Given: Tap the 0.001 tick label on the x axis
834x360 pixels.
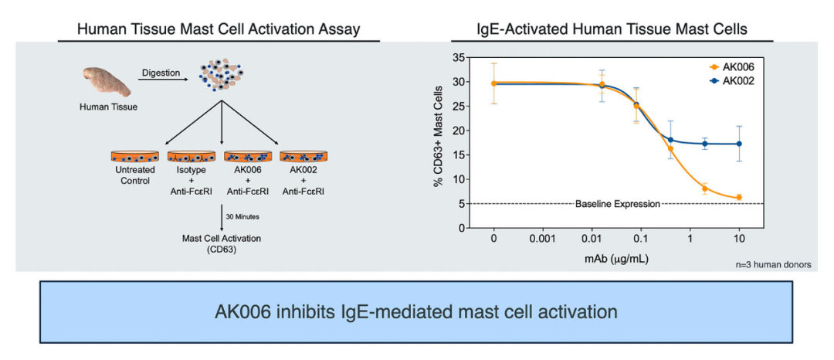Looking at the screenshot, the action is click(544, 239).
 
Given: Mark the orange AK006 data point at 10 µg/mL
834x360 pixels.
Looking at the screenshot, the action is click(739, 197).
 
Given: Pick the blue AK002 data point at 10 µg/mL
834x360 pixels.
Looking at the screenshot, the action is click(739, 144).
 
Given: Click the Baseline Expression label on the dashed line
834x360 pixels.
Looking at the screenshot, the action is click(618, 204).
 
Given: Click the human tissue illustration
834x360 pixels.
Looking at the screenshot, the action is click(107, 81).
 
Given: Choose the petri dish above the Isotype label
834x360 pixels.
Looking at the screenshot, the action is click(191, 157).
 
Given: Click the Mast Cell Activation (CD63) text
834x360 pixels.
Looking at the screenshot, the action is click(221, 243).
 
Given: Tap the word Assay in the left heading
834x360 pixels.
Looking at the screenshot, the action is click(342, 30).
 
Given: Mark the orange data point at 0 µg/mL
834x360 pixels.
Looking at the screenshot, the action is click(494, 83).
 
